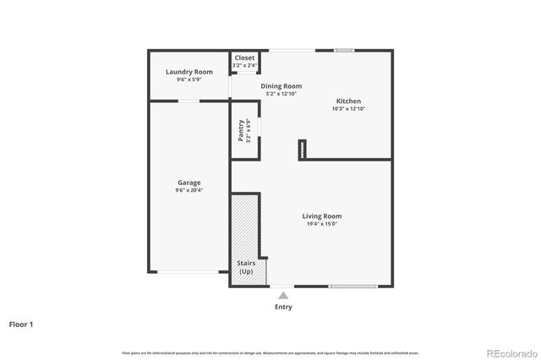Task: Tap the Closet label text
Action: [244, 57]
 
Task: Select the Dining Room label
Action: [281, 86]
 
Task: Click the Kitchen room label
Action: [347, 101]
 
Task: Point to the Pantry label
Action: [241, 130]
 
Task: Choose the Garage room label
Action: [189, 183]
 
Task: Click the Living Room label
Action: [322, 216]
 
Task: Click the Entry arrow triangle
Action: [283, 295]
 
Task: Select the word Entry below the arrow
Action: [283, 307]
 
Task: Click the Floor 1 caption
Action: [21, 324]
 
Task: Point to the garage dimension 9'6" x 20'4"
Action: [189, 190]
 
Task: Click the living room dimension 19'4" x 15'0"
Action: [322, 224]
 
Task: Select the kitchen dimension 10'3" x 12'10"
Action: [347, 108]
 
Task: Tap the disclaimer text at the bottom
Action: [270, 352]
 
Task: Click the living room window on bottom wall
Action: [352, 286]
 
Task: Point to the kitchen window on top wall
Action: [344, 51]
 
